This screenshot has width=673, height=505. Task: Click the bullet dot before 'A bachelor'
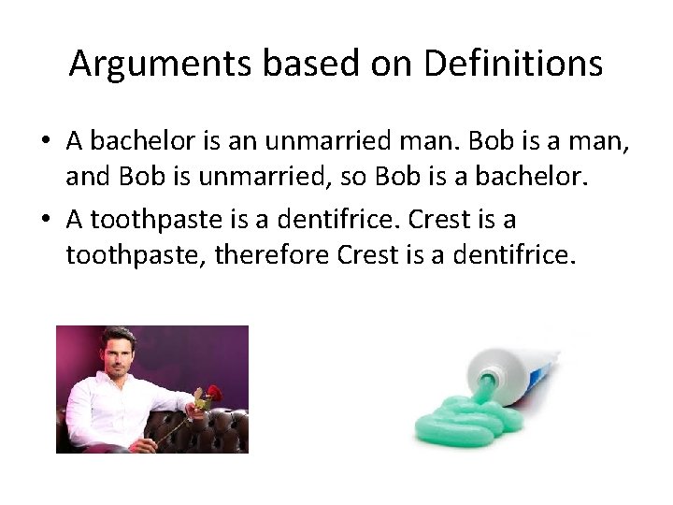45,143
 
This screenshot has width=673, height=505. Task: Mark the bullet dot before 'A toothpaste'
45,220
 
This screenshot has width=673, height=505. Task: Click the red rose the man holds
214,393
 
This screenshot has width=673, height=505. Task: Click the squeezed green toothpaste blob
467,426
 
